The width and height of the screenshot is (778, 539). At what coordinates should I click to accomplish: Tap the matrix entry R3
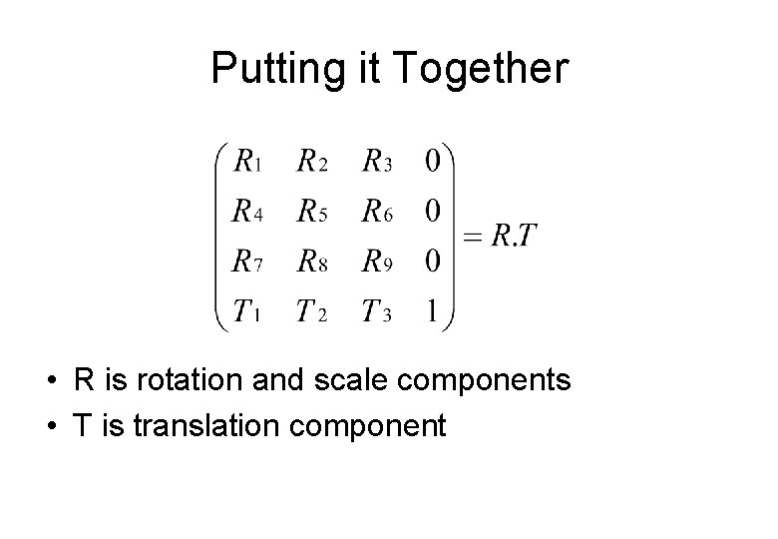(376, 161)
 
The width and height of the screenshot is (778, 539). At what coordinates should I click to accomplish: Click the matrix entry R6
(376, 211)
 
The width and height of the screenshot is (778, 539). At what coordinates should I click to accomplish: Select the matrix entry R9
(376, 262)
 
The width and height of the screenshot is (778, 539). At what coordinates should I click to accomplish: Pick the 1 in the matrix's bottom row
(432, 311)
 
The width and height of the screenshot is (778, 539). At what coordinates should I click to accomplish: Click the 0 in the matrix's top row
(432, 161)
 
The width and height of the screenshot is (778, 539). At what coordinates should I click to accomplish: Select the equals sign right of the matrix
(473, 238)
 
